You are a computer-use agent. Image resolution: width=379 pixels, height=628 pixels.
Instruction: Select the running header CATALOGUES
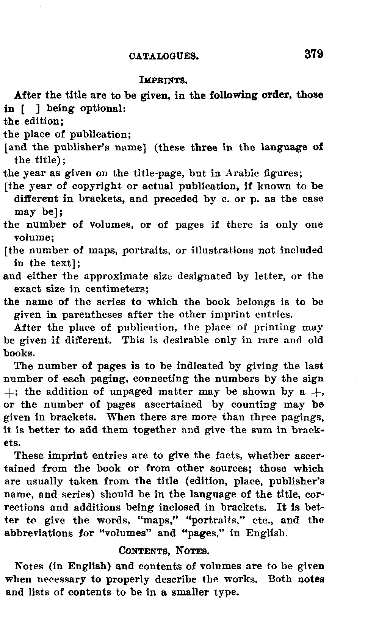click(x=164, y=56)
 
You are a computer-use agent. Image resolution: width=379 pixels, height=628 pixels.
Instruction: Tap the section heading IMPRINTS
click(x=164, y=80)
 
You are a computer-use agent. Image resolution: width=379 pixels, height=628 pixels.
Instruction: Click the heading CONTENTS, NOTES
click(x=164, y=550)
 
